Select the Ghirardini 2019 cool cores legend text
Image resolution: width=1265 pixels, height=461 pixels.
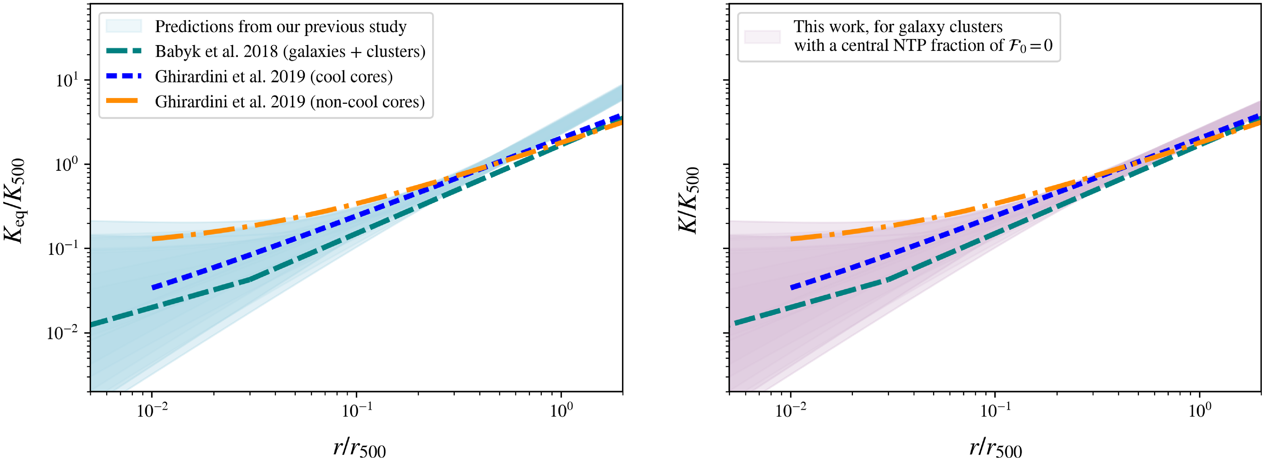point(274,77)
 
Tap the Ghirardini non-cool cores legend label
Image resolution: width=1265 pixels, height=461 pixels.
point(290,102)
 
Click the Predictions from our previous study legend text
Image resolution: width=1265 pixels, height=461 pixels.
point(280,27)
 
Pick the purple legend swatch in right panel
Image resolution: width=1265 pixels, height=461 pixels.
point(762,36)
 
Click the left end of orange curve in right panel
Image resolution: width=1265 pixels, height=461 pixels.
point(792,239)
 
